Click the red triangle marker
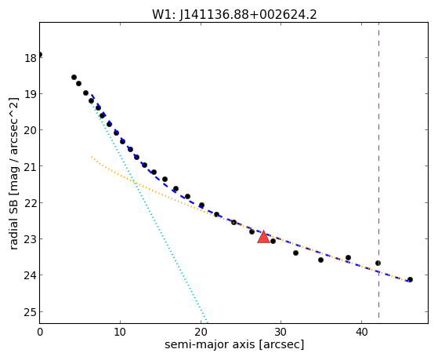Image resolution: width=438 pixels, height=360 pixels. (x=263, y=237)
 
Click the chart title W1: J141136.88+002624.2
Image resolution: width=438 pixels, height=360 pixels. (x=234, y=15)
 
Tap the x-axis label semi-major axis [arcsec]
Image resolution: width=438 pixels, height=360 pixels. (x=234, y=344)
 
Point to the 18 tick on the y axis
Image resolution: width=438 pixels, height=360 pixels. (x=31, y=58)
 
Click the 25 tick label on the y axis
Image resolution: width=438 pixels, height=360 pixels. (x=31, y=312)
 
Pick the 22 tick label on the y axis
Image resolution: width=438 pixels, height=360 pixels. (x=31, y=202)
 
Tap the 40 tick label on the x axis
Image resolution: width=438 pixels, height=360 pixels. (x=361, y=332)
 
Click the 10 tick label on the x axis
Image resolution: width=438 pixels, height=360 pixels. (x=120, y=332)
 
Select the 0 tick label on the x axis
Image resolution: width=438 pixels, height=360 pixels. (x=40, y=332)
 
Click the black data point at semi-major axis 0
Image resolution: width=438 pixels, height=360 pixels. (x=40, y=54)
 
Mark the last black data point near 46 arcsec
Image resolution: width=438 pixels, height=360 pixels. (x=410, y=279)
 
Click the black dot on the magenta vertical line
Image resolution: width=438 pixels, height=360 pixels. (x=378, y=263)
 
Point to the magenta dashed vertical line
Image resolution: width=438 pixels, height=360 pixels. (x=378, y=170)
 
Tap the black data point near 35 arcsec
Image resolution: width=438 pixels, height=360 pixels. (x=320, y=260)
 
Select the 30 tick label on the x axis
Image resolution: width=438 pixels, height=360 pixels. (x=281, y=332)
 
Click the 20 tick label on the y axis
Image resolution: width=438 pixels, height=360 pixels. (x=31, y=130)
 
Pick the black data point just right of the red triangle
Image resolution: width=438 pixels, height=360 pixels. (x=273, y=241)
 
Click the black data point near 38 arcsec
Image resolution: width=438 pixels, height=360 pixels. (x=348, y=257)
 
